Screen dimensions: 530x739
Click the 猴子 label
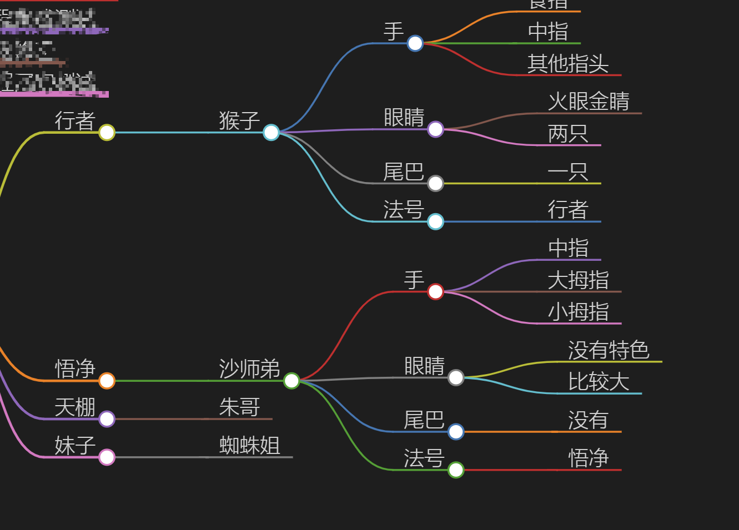[239, 120]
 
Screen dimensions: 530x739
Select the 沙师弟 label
[249, 369]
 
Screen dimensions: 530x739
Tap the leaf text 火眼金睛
[589, 101]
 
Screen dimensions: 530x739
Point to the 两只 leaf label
[567, 133]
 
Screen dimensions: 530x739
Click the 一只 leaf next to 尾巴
[567, 171]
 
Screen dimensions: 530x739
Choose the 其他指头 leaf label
[568, 63]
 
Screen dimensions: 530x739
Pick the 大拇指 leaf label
[578, 280]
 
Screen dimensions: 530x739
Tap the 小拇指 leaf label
[578, 311]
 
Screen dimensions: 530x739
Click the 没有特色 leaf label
[609, 350]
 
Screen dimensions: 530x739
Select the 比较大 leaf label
[599, 381]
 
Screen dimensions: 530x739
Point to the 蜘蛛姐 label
[249, 445]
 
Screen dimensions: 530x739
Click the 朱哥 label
[239, 407]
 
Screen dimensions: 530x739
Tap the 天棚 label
[75, 407]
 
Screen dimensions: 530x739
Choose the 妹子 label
[75, 445]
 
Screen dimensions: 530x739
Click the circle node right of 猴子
[271, 132]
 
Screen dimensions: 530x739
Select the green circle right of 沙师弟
[291, 381]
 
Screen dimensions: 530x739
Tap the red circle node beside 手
[435, 291]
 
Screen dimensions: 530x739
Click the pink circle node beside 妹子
[107, 457]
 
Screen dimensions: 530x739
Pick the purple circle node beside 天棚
[107, 419]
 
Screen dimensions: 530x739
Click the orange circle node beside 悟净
[107, 381]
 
